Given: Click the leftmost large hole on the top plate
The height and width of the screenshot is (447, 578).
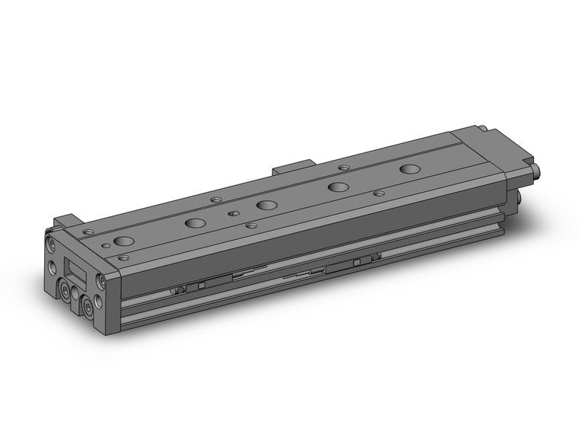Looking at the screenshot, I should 122,243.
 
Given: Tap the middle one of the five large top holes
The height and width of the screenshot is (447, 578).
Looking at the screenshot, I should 266,205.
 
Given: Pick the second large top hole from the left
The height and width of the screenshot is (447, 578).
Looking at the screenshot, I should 195,224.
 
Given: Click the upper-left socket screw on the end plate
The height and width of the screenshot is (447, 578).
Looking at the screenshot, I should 50,244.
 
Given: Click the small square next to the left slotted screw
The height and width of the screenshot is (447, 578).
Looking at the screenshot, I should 202,286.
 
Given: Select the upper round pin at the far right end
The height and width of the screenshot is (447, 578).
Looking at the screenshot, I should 538,169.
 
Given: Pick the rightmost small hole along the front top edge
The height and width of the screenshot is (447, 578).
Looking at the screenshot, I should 379,194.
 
